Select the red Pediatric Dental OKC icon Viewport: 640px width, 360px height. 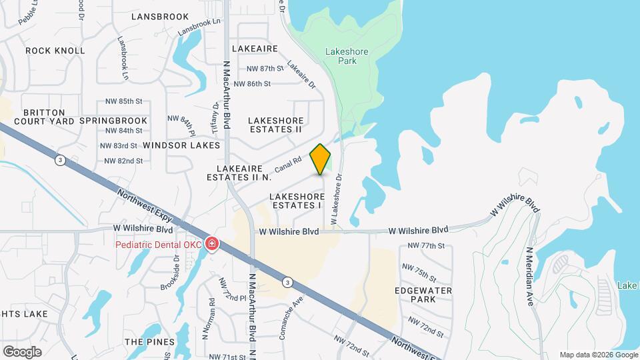point(212,244)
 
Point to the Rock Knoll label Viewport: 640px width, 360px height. point(55,51)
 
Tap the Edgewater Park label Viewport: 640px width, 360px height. point(423,295)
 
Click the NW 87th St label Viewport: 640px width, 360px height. point(265,69)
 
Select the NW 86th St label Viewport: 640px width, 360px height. point(259,84)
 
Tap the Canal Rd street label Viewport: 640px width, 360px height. point(289,165)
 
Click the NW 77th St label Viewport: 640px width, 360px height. point(425,246)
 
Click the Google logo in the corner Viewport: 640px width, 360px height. point(22,351)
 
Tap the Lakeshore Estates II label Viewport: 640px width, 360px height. point(276,125)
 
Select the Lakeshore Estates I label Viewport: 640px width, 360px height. point(297,201)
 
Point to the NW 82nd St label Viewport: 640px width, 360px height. point(124,161)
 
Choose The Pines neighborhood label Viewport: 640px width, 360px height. point(144,341)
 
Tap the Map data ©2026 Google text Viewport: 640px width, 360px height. point(599,355)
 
